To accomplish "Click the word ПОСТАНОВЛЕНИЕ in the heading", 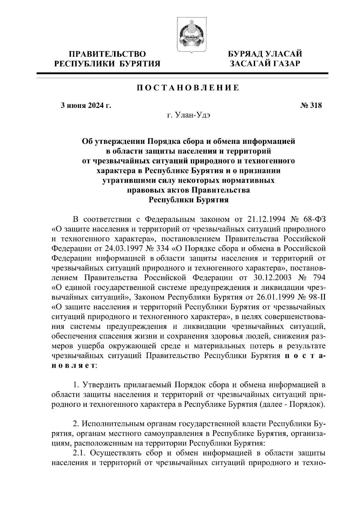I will point(188,88).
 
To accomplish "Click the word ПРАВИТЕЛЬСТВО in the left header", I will point(108,54).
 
